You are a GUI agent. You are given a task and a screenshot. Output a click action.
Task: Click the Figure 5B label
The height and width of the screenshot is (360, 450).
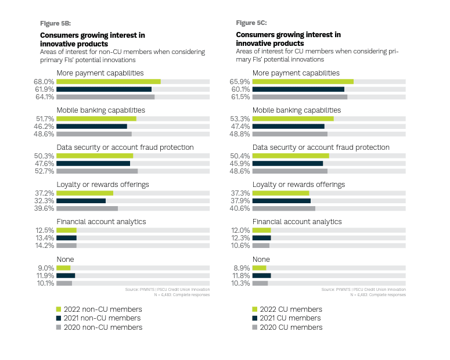point(55,23)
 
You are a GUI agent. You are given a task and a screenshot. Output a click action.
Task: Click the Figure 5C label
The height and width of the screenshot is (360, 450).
point(251,23)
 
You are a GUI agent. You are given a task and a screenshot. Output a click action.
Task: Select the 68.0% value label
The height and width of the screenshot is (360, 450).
point(45,82)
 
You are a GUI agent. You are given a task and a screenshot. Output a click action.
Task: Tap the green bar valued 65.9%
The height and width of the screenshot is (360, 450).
point(303,82)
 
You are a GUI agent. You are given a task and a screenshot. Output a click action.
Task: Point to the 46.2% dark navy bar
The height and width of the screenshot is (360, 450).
point(92,126)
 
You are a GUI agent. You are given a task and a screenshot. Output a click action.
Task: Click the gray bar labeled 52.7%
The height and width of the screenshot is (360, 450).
point(97,171)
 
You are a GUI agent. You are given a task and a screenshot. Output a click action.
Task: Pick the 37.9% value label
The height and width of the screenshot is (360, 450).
point(240,201)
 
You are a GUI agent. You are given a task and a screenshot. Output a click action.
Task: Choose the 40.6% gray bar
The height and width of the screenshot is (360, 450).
point(284,208)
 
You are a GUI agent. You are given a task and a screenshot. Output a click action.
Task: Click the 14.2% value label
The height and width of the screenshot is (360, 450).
point(45,246)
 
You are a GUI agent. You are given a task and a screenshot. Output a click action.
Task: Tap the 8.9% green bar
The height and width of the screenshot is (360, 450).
point(260,268)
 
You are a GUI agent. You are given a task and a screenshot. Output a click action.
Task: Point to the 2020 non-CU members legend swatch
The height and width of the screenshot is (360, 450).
point(59,327)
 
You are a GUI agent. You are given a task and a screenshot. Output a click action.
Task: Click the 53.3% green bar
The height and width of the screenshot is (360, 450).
point(293,119)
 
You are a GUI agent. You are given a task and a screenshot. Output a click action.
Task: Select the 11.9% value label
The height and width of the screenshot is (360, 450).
point(45,275)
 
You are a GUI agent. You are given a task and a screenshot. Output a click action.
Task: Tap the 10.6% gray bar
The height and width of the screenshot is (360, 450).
point(261,246)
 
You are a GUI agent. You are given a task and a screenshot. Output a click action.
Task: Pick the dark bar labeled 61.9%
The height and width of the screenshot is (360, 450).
point(104,89)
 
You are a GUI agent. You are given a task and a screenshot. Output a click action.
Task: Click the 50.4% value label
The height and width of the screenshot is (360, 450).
point(240,156)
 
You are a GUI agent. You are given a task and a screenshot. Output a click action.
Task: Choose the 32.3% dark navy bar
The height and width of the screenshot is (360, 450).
point(81,201)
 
